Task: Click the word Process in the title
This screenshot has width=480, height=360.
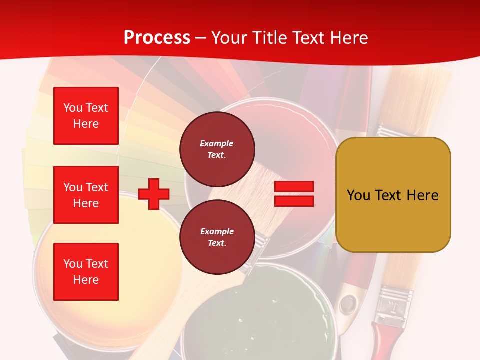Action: tap(157, 38)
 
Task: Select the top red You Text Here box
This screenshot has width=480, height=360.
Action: tap(86, 116)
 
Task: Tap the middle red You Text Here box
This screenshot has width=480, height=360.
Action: tap(86, 195)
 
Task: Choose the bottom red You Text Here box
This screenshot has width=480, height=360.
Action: tap(86, 271)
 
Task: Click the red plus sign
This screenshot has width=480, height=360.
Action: tap(154, 194)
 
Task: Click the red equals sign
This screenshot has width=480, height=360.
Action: tap(294, 194)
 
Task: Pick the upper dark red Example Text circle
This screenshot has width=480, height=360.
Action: tap(217, 149)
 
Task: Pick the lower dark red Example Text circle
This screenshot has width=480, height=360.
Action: tap(217, 237)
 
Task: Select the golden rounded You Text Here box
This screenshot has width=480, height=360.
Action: tap(393, 195)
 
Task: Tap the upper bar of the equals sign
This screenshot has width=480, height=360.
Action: tap(294, 187)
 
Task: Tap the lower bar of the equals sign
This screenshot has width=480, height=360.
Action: tap(294, 201)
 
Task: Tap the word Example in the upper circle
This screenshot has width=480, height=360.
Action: tap(217, 143)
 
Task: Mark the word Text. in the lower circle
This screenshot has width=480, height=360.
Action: tap(217, 243)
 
